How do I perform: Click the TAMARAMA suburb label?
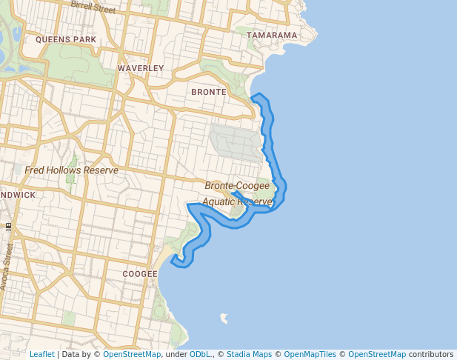pos(272,35)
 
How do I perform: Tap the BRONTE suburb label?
pos(208,92)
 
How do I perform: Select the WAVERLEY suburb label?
pos(141,68)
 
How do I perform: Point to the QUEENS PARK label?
pos(66,39)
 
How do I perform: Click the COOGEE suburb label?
pos(140,273)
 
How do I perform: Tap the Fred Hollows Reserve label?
pos(71,170)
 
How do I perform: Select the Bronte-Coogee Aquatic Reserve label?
pos(238,193)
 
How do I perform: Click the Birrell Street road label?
pos(93,7)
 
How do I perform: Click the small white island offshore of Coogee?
pos(223,319)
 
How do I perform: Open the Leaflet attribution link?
pos(41,354)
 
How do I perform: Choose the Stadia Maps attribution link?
pos(249,354)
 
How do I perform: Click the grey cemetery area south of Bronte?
pos(236,141)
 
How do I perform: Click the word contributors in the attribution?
pos(431,354)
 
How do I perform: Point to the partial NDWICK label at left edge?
pos(18,195)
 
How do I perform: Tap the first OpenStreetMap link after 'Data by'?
pos(132,354)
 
